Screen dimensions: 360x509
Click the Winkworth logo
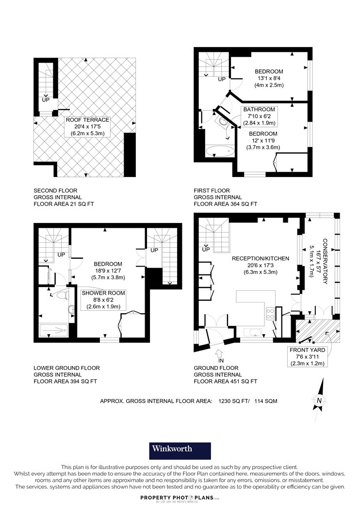pos(180,450)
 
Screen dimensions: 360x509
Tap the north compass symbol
pos(319,400)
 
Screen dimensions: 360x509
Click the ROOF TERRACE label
pos(87,120)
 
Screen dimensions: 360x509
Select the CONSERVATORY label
pos(325,261)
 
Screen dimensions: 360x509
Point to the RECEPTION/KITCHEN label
pos(260,258)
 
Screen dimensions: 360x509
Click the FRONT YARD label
pos(308,350)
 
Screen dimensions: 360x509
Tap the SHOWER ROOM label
pos(103,293)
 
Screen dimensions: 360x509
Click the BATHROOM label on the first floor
pos(259,110)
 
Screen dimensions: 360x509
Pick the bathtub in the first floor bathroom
pos(220,151)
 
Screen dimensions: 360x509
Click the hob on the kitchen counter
pos(270,314)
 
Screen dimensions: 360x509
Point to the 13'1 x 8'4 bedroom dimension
pos(269,78)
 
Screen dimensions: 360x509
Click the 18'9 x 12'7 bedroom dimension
pos(108,270)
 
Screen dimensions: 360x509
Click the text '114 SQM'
pos(266,401)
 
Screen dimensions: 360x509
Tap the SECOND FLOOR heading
pos(56,191)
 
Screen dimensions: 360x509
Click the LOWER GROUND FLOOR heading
pos(66,368)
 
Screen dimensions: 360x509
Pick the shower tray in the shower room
pos(54,331)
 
